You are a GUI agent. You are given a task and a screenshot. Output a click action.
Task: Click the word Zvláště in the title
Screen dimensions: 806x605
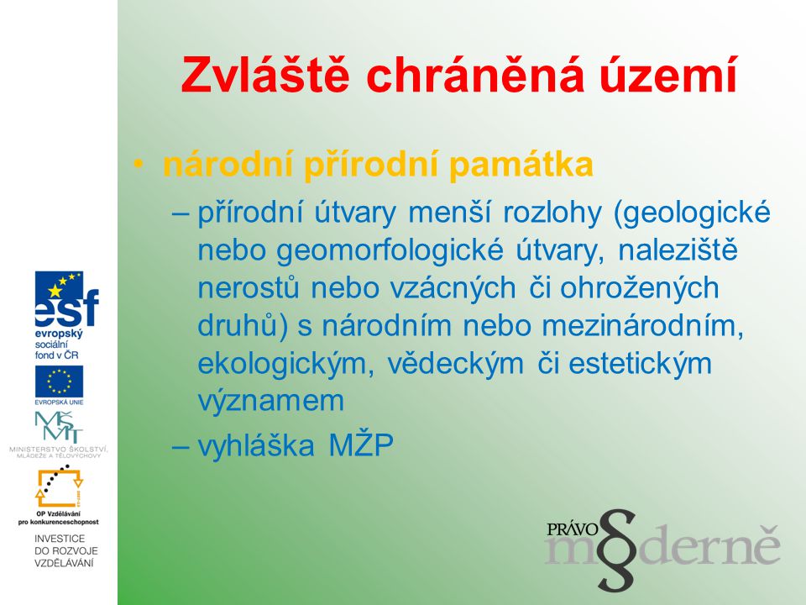(x=265, y=76)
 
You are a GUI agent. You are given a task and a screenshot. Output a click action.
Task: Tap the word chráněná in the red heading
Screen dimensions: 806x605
(x=475, y=76)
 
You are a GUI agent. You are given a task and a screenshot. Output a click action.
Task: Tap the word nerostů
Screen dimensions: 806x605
(x=249, y=287)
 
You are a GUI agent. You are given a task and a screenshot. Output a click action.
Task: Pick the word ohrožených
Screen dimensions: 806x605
(x=640, y=288)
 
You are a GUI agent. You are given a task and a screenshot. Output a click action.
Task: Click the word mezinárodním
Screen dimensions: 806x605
(x=642, y=326)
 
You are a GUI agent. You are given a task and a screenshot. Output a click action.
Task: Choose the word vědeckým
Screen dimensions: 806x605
(x=455, y=364)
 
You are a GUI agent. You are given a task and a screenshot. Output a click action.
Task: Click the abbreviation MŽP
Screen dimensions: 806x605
(x=361, y=445)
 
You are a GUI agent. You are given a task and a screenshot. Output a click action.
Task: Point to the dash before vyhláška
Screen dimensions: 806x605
(x=181, y=446)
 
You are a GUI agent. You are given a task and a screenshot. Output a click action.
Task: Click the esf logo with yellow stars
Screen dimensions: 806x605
(x=66, y=299)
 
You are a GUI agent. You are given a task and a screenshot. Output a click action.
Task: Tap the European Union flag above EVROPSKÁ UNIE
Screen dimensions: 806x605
(x=59, y=381)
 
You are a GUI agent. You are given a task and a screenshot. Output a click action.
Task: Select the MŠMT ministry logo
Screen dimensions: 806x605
(x=59, y=428)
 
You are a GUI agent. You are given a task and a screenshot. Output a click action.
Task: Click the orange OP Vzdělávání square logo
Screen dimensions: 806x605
(x=59, y=487)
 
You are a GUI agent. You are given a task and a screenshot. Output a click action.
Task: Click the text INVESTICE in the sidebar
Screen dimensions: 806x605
(x=60, y=539)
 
